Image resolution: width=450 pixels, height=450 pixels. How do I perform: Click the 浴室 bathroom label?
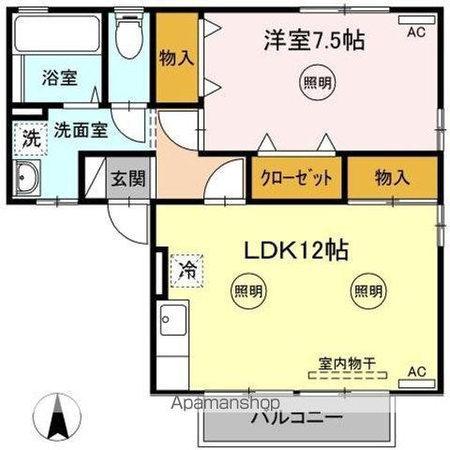[x=60, y=78]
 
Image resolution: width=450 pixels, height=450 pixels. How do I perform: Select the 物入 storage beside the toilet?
[x=175, y=58]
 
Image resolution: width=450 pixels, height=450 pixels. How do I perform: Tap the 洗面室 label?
[x=80, y=131]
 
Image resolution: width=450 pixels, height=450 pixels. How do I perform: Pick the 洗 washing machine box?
[x=30, y=138]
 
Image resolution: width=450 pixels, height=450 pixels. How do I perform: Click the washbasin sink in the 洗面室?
[x=28, y=176]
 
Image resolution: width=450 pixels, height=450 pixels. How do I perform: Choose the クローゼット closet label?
[x=296, y=178]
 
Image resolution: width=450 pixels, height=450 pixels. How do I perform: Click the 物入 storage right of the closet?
[x=391, y=178]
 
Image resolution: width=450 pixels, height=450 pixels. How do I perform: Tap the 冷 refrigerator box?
[x=187, y=272]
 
